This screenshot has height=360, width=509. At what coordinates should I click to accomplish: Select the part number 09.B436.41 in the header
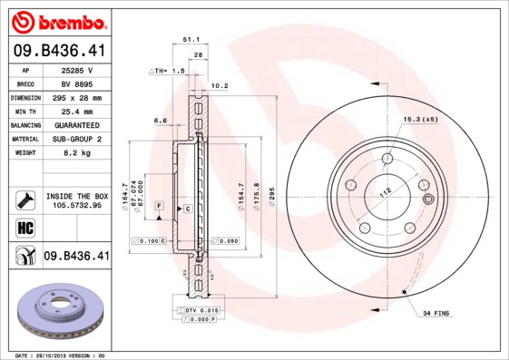(59, 52)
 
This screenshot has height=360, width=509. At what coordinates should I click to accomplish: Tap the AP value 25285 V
(78, 70)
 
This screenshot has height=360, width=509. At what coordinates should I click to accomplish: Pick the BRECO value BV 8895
(78, 83)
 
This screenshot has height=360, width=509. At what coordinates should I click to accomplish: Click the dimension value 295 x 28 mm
(78, 97)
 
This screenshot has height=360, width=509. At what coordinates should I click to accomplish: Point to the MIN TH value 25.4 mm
(78, 111)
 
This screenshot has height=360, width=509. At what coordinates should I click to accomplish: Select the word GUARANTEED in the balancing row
(78, 124)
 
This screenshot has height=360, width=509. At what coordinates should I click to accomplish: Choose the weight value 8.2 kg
(78, 152)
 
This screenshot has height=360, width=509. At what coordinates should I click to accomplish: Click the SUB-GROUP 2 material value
(78, 139)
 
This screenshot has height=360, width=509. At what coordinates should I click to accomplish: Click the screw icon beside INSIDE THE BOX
(24, 199)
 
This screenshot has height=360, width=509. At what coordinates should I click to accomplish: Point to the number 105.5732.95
(76, 205)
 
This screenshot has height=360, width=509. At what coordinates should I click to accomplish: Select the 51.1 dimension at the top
(191, 40)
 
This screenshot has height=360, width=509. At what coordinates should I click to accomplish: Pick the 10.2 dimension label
(219, 87)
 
